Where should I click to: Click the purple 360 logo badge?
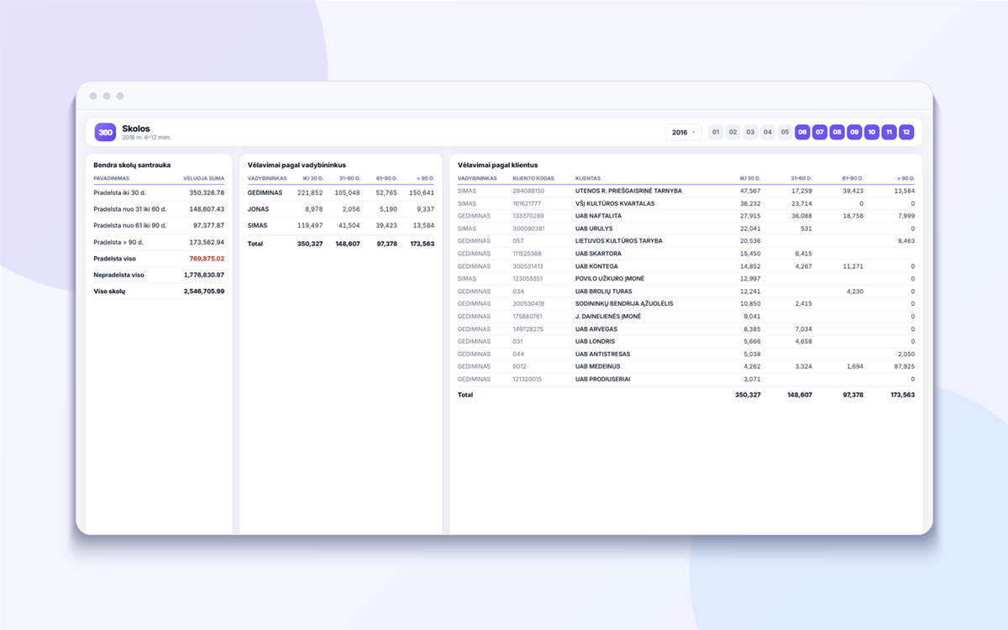[x=105, y=133]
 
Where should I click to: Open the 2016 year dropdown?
[x=683, y=133]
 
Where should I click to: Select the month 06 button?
[x=802, y=133]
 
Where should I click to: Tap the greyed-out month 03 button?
[x=750, y=133]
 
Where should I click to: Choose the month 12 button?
[x=906, y=133]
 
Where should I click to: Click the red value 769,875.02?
[x=207, y=259]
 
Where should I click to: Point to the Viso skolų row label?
[x=109, y=291]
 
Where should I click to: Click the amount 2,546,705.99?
[x=204, y=291]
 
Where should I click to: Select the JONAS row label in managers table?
[x=258, y=209]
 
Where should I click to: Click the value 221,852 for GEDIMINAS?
[x=310, y=193]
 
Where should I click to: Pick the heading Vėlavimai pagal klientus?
[x=497, y=165]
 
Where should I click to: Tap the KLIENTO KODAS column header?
[x=533, y=179]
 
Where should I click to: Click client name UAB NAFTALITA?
[x=598, y=216]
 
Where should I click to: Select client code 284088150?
[x=528, y=191]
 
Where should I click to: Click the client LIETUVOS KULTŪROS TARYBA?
[x=619, y=241]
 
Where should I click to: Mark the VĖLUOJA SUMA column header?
[x=203, y=179]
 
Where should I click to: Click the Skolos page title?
[x=136, y=129]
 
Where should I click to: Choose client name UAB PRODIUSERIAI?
[x=602, y=380]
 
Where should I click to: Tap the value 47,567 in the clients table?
[x=750, y=191]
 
